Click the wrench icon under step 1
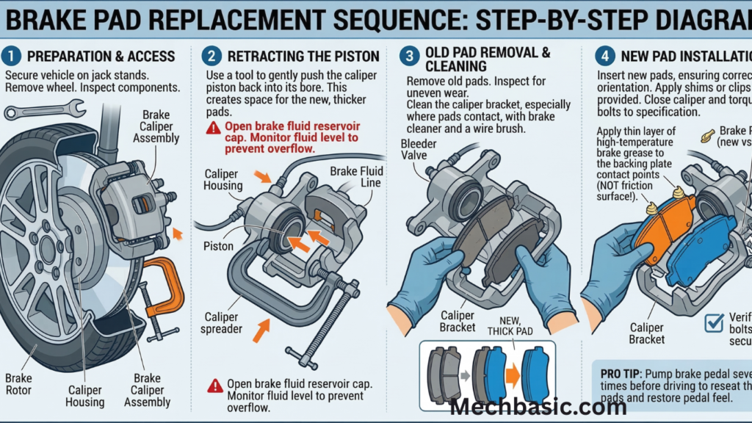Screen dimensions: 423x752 (44, 110)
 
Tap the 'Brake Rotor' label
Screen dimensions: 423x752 (19, 383)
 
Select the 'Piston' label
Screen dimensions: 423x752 (218, 247)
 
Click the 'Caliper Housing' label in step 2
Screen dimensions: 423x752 (223, 179)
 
